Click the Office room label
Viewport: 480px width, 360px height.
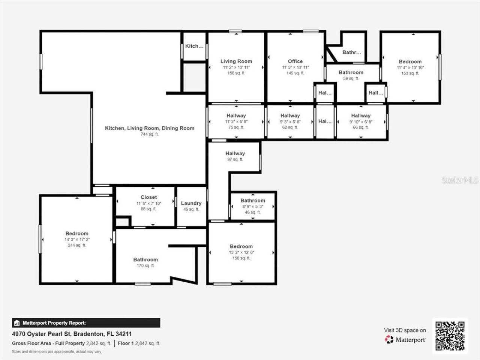[295, 61]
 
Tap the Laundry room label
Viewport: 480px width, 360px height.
[191, 203]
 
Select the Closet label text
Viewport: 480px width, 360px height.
[149, 197]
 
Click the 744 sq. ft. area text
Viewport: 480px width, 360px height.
[150, 134]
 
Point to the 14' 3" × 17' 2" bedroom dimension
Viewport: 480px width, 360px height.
[77, 239]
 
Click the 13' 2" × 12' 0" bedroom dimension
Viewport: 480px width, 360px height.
[241, 252]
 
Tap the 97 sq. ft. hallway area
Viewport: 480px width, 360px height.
[235, 159]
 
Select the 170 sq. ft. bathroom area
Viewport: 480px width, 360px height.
[145, 265]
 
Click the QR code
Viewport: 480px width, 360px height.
[450, 336]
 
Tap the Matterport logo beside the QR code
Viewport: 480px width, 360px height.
[405, 339]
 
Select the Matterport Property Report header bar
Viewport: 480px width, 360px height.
[86, 323]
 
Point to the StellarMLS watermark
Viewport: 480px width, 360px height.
[460, 180]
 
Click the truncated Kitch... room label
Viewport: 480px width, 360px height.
[194, 46]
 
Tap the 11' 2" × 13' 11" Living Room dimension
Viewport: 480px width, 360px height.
[236, 67]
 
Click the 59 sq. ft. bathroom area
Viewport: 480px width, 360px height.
[351, 78]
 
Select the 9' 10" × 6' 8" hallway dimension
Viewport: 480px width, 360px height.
[361, 121]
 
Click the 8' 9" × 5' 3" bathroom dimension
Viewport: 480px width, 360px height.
[253, 206]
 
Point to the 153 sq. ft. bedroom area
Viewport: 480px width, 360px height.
[410, 73]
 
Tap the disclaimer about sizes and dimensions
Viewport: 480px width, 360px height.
[57, 352]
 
